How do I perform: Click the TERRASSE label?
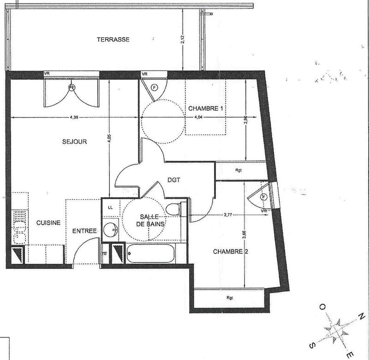pos(113,39)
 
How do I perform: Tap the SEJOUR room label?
pos(75,142)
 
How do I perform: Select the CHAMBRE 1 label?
pos(206,108)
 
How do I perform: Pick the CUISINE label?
pos(48,223)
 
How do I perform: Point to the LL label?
pos(110,207)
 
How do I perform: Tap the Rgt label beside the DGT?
pos(238,170)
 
